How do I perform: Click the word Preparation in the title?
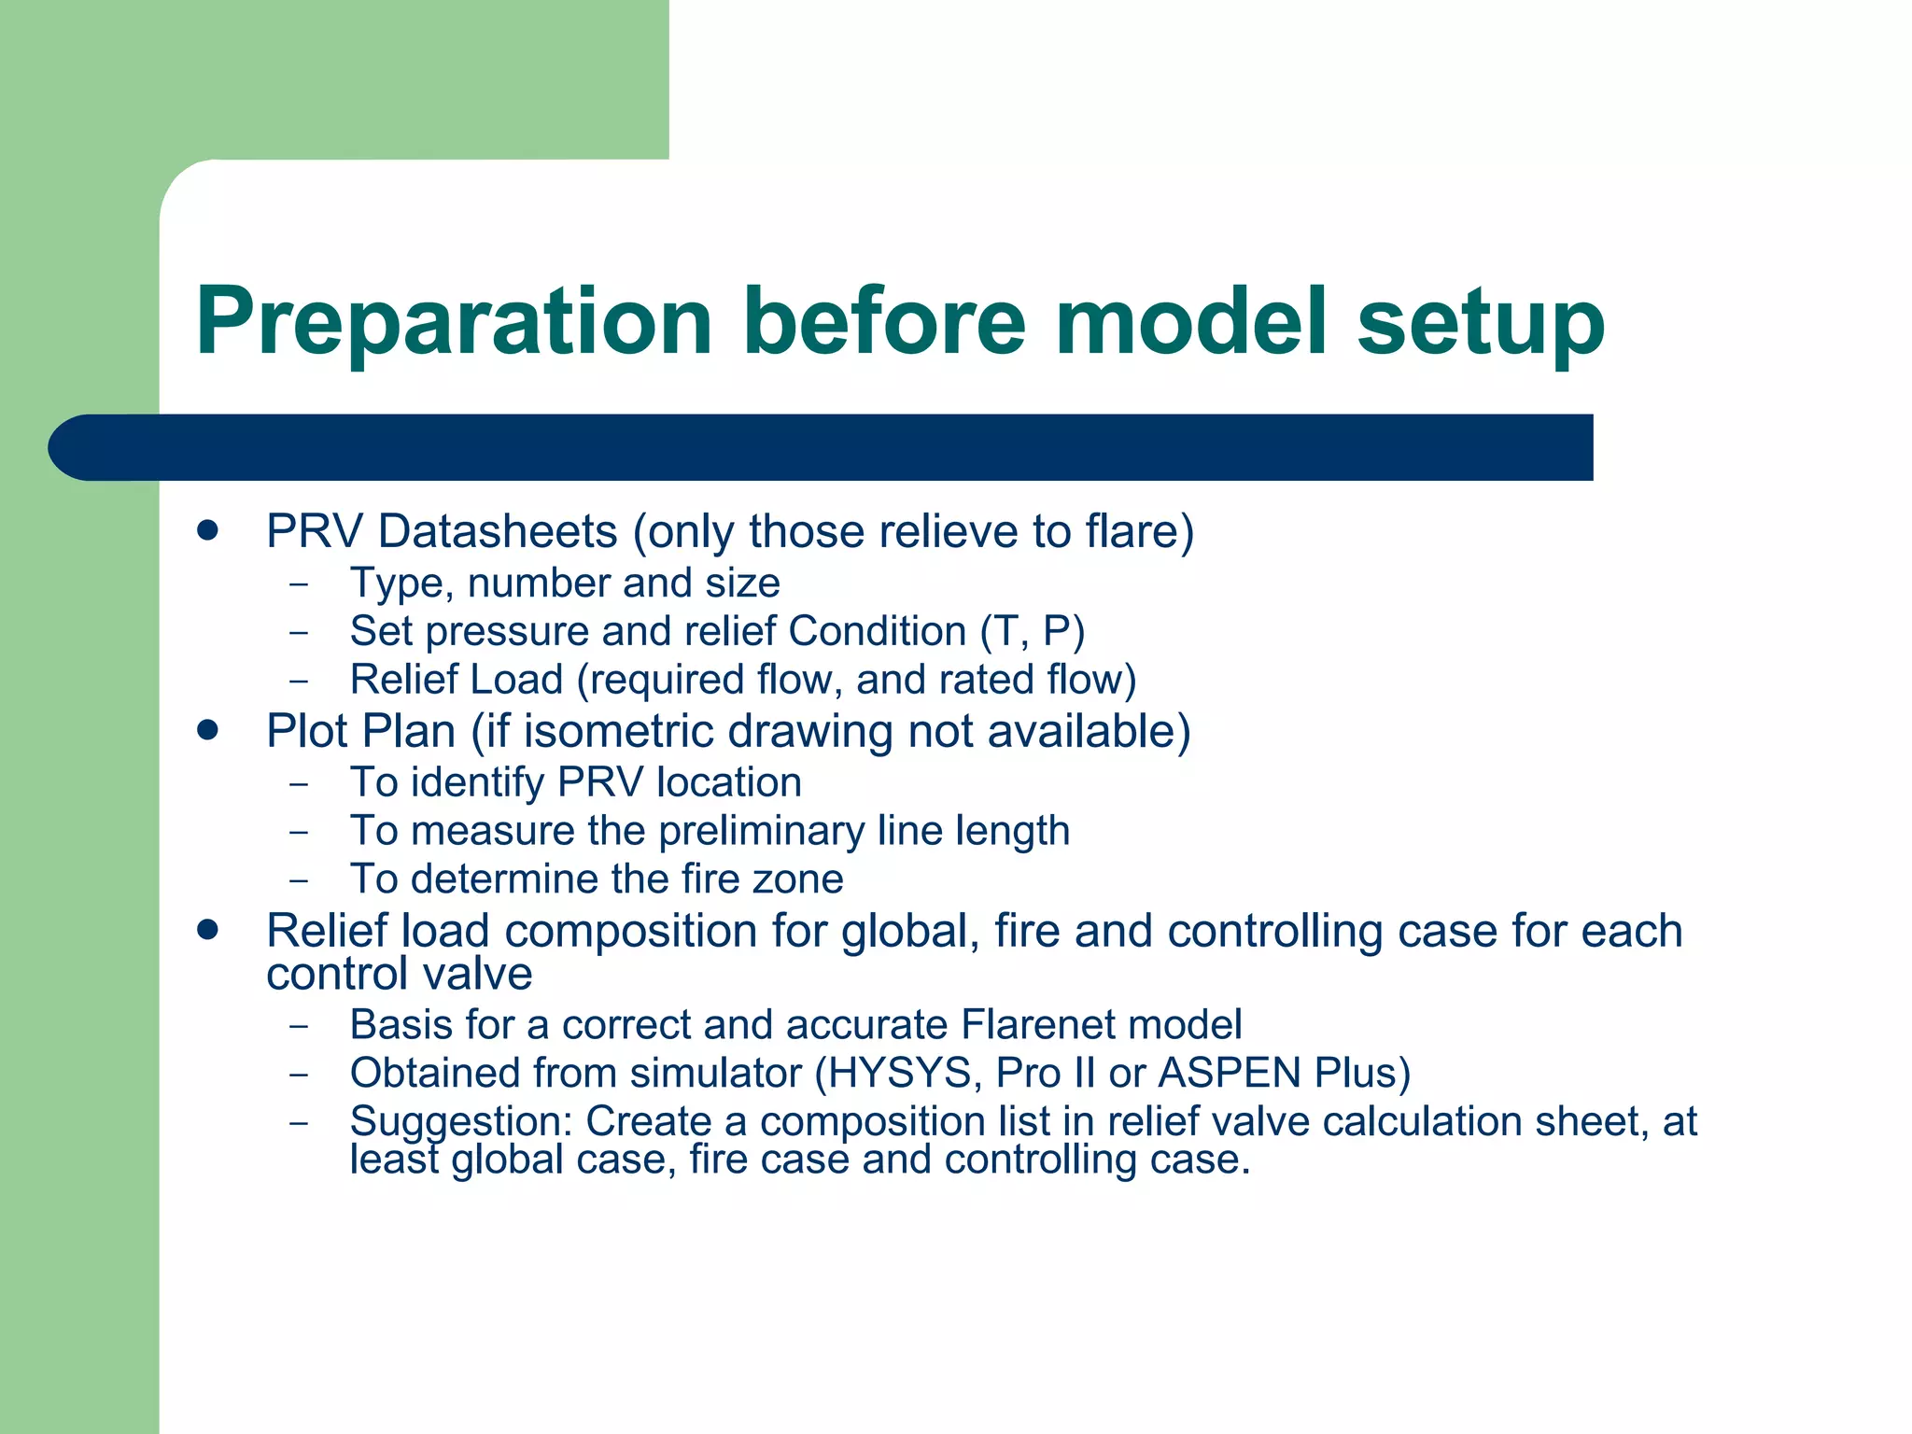click(454, 322)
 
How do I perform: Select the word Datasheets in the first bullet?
click(498, 531)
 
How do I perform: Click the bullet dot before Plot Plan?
click(207, 729)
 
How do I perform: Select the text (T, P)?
click(1032, 631)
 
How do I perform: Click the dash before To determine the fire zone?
click(298, 879)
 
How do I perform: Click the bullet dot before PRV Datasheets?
click(207, 530)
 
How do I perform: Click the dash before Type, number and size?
click(298, 583)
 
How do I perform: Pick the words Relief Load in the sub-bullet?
click(456, 680)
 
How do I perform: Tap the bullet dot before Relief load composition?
click(207, 929)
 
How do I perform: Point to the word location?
click(728, 782)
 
